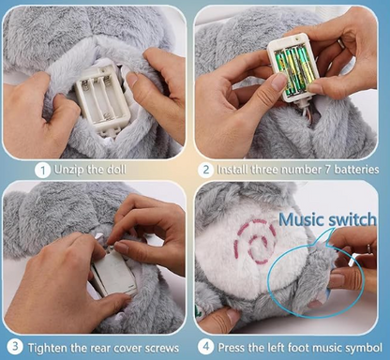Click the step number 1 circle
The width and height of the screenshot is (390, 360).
[x=42, y=171]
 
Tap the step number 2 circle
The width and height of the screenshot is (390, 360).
[x=205, y=171]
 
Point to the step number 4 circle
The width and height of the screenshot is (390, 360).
[x=206, y=347]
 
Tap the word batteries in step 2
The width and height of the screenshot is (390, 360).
[x=356, y=170]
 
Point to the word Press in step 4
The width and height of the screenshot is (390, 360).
[x=230, y=347]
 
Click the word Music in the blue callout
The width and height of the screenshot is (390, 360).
[x=300, y=219]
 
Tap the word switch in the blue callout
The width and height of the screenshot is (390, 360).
[x=352, y=219]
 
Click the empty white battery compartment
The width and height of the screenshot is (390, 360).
[x=102, y=101]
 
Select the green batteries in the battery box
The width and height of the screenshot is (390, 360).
[x=292, y=69]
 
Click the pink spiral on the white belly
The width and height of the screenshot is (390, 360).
[x=256, y=241]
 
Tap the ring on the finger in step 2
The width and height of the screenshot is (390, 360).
[x=341, y=44]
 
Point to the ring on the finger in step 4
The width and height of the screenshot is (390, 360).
[x=368, y=248]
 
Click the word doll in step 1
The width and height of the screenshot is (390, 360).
[x=116, y=170]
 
